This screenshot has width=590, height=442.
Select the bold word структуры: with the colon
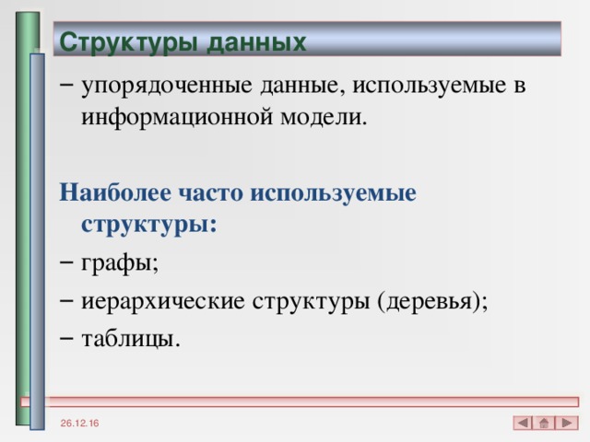tap(149, 224)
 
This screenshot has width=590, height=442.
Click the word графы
tap(120, 263)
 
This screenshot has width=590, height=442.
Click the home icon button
tap(545, 423)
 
